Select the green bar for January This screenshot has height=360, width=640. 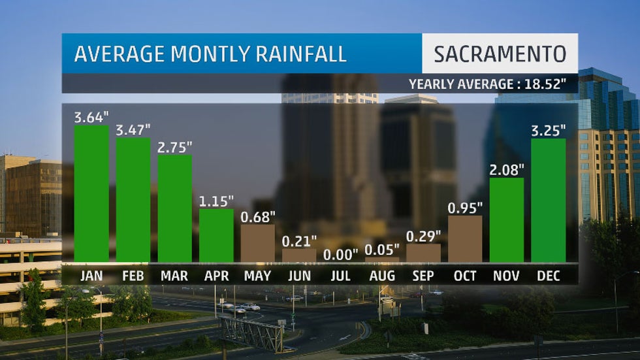point(91,193)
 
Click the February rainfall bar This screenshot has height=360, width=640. point(133,199)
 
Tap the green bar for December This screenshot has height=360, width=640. point(549,199)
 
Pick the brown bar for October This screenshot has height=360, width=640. point(465,238)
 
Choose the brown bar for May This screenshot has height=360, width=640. point(258,242)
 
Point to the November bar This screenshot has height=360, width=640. point(507,219)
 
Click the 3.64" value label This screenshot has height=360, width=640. point(91,118)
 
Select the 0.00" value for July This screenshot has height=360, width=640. point(342,254)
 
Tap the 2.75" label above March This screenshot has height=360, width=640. point(175,147)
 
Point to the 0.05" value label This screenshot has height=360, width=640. point(383,250)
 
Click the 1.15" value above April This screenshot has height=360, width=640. point(216,202)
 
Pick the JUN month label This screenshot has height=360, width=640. point(299,276)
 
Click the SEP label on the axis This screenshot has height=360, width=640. point(424,276)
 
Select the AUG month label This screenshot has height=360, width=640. point(382,276)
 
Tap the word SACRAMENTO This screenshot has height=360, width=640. point(500,54)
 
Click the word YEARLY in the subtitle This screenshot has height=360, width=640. point(435,84)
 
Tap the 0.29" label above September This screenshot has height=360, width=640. point(424,236)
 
